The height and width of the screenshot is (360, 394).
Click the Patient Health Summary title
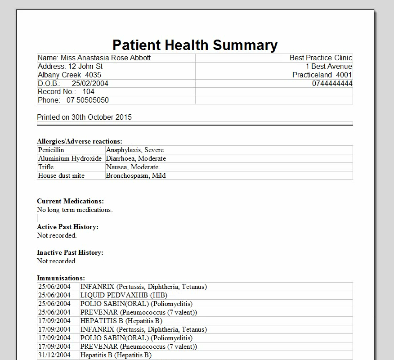coord(195,45)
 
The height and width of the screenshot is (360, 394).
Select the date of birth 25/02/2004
coord(90,83)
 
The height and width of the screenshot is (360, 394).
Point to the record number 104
coord(88,92)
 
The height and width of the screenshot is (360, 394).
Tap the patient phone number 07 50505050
coord(88,100)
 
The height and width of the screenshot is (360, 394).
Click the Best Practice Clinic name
coord(321,58)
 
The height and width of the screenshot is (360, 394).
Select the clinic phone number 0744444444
coord(332,83)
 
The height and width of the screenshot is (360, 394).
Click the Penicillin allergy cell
coord(51,150)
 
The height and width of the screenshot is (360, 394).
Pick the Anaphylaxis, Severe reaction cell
coord(135,150)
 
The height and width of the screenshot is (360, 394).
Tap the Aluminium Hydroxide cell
coord(70,158)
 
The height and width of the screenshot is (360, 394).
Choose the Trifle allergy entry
coord(46,167)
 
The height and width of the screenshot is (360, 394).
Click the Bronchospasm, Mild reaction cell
coord(136,175)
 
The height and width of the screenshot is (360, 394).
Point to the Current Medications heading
coord(70,201)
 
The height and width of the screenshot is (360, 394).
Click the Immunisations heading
coord(61,278)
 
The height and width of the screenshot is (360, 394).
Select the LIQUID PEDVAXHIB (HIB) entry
coord(124,295)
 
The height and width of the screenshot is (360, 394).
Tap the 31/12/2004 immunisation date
coord(54,355)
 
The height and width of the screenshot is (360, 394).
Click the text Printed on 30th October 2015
coord(85,117)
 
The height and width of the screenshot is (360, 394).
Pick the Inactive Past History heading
coord(70,252)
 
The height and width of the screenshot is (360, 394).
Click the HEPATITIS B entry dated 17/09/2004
coord(121,321)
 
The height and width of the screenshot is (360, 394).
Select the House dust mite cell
coord(61,175)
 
